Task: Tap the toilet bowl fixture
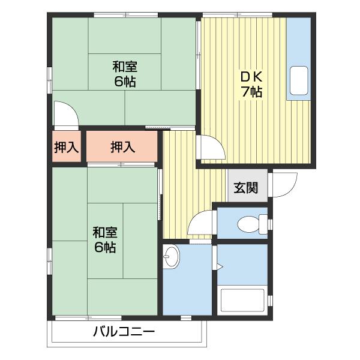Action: [x=247, y=225]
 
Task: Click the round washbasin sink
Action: [x=172, y=257]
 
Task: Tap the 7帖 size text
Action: [x=252, y=92]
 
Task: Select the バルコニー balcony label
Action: [x=124, y=332]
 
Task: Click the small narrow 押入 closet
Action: [x=67, y=147]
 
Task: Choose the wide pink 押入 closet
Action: [x=122, y=147]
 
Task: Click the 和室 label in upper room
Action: [x=125, y=66]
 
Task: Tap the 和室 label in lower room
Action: [x=105, y=232]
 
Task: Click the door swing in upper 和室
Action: [x=64, y=112]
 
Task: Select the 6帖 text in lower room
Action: [x=105, y=247]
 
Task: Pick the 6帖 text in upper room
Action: [x=125, y=82]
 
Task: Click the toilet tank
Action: [x=262, y=225]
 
